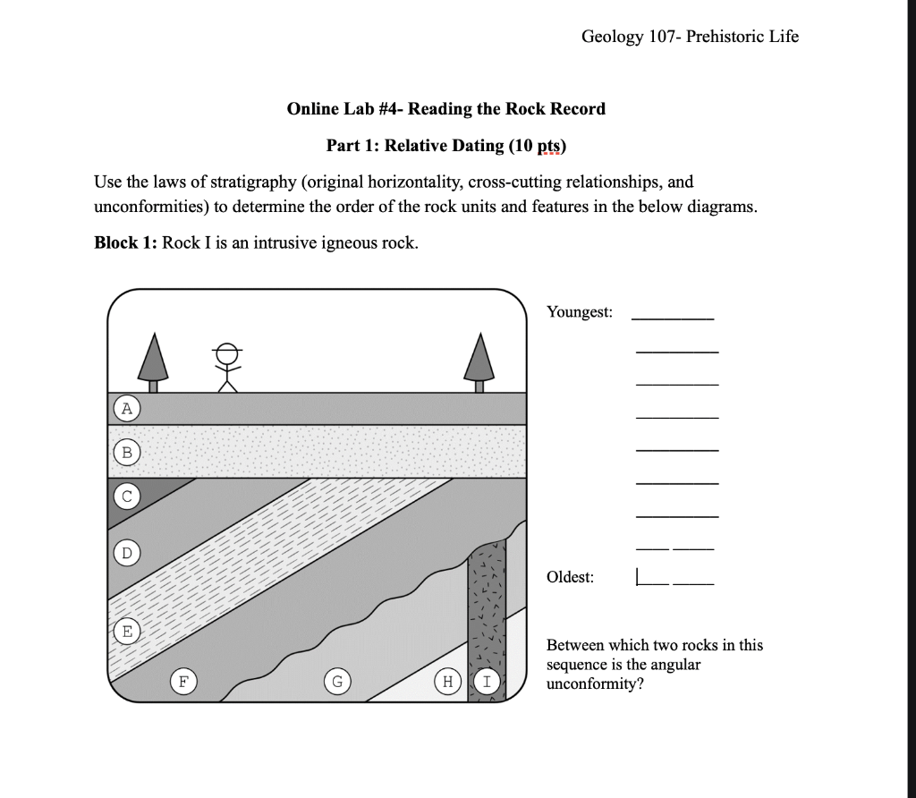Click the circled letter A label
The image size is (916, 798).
pos(127,409)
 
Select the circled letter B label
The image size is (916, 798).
pos(127,453)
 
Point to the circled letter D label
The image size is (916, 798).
pos(127,552)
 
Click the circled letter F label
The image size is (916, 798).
pos(183,682)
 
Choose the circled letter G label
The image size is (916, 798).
pos(337,682)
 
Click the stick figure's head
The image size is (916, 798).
pos(228,352)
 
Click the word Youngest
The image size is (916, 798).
pos(580,312)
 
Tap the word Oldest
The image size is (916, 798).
pos(570,577)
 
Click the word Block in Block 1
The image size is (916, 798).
pos(115,243)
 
